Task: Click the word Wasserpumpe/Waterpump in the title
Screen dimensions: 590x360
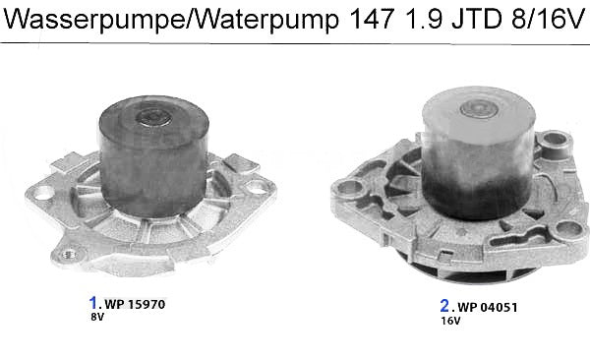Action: (x=171, y=19)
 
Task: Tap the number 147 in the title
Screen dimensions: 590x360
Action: (x=372, y=18)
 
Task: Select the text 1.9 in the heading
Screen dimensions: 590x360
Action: (x=423, y=18)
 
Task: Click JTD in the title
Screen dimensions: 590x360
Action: (x=477, y=18)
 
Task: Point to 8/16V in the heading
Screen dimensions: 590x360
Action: (x=548, y=18)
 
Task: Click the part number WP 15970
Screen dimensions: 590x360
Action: (x=135, y=304)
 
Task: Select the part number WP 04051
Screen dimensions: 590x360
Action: (x=488, y=307)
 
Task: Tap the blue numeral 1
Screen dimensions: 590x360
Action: (x=92, y=302)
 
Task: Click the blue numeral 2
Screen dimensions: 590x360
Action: (x=444, y=305)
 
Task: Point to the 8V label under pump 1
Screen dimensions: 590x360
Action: (x=97, y=317)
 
